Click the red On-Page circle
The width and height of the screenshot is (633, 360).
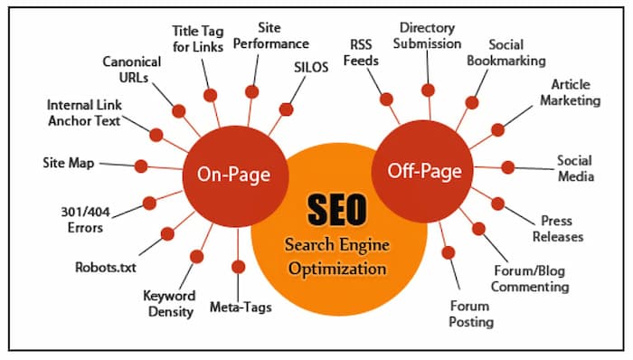(234, 173)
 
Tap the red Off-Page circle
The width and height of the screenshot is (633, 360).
(425, 168)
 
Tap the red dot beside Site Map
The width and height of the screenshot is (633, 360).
(141, 166)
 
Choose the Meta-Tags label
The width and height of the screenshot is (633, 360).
(240, 307)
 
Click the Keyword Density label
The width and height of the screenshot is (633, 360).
(169, 304)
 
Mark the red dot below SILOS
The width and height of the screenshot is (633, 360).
(287, 109)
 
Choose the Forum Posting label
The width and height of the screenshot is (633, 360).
(471, 314)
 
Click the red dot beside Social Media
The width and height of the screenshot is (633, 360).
(508, 167)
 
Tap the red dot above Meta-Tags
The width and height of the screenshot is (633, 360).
(239, 267)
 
